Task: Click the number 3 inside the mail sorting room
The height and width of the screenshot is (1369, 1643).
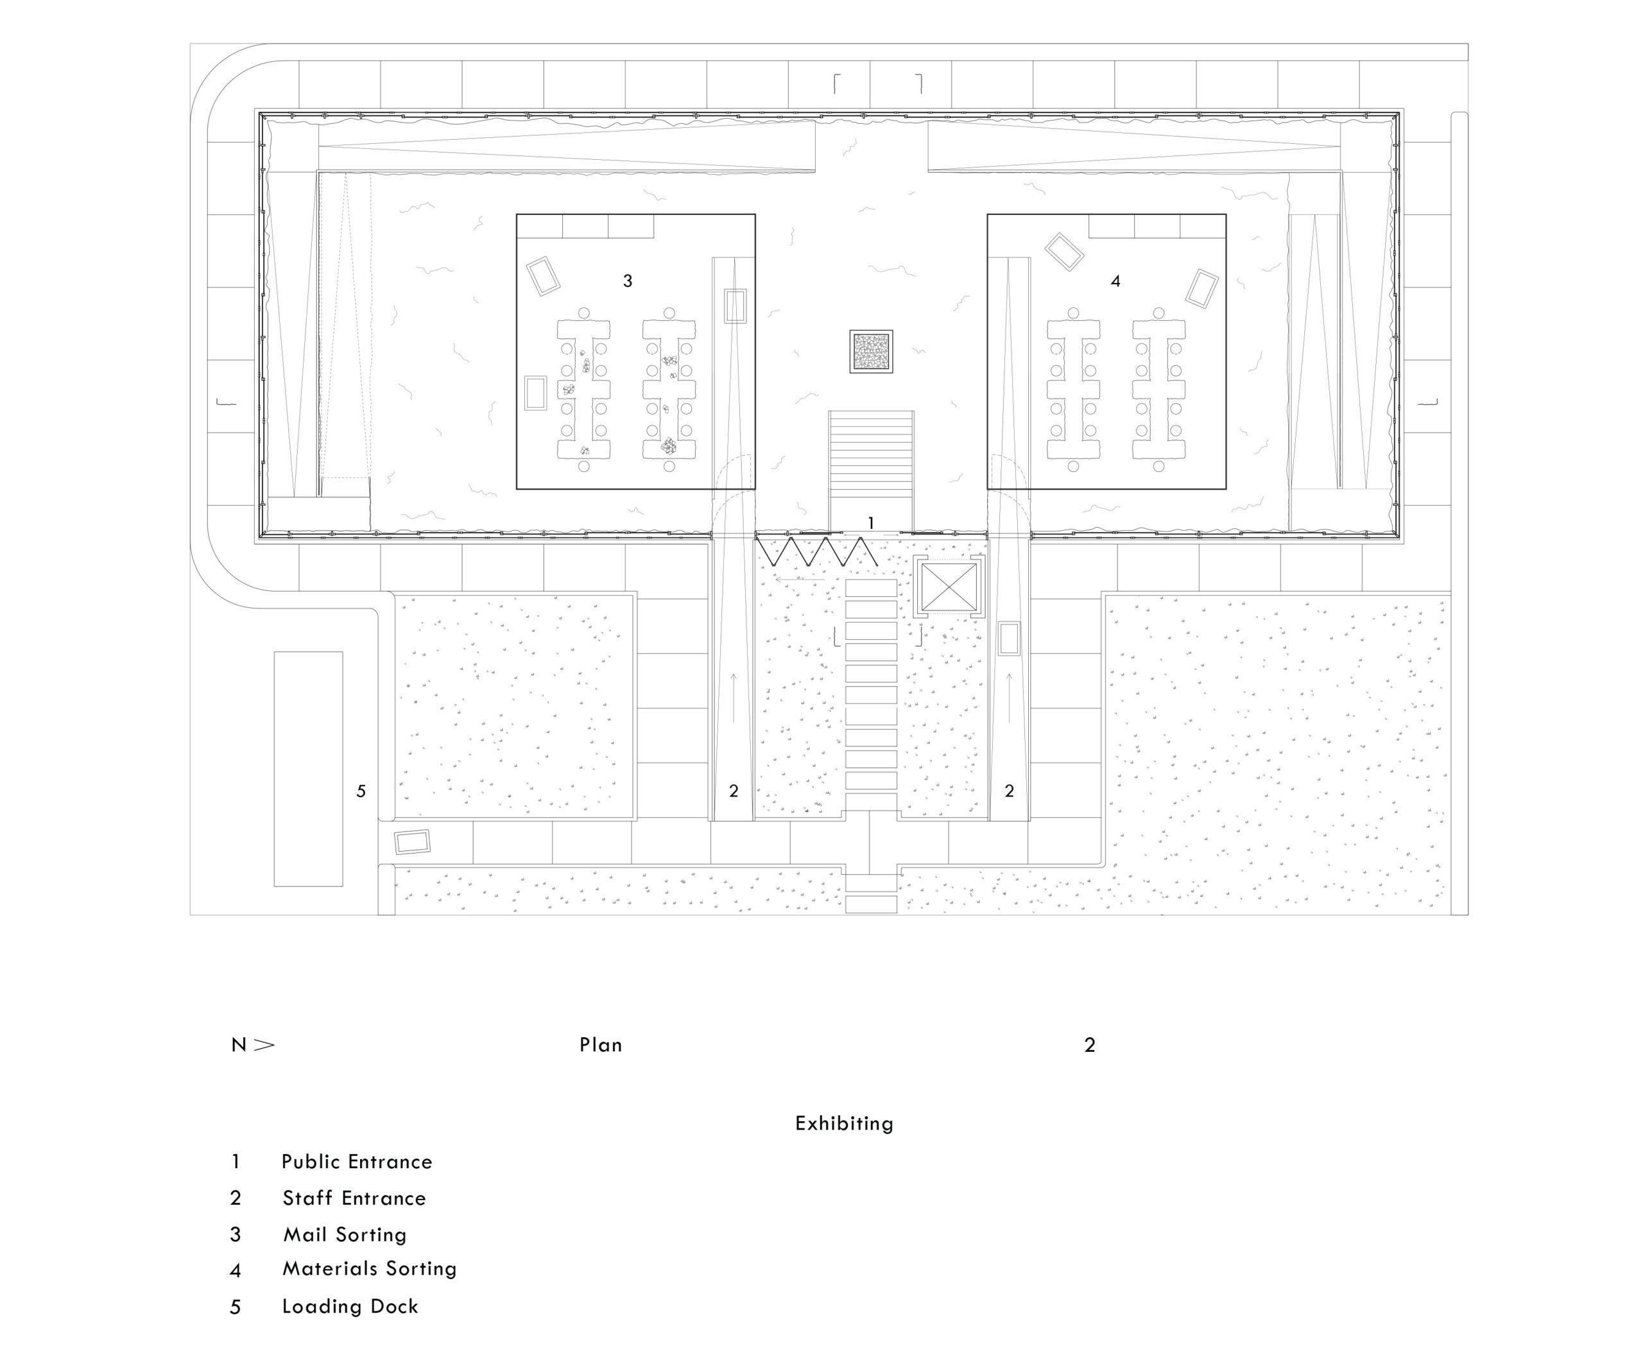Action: (x=628, y=281)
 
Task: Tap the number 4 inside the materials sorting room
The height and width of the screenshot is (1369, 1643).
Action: (x=1115, y=281)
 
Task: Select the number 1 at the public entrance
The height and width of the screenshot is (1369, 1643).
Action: (x=871, y=522)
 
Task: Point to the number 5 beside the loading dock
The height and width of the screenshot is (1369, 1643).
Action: (x=361, y=791)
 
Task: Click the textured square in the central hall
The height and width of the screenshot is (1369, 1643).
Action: (x=872, y=352)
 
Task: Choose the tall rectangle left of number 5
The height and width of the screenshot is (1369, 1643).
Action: (x=308, y=769)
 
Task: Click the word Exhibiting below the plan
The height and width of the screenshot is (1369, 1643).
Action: (x=844, y=1123)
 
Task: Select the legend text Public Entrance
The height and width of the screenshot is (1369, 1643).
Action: (x=357, y=1162)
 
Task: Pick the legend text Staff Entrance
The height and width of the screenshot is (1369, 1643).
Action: (x=354, y=1198)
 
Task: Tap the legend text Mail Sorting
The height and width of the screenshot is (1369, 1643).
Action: (x=345, y=1234)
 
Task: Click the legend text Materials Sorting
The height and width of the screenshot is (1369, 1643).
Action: (x=369, y=1268)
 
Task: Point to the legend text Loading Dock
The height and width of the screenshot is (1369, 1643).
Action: (x=350, y=1305)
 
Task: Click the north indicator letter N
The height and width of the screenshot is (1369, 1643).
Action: (x=239, y=1045)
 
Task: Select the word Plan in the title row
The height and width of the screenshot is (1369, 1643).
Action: (x=601, y=1045)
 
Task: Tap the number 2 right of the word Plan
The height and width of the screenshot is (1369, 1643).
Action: (x=1090, y=1045)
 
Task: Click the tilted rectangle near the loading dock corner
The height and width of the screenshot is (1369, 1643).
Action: (x=412, y=841)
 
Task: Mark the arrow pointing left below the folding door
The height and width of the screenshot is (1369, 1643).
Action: (x=800, y=580)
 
